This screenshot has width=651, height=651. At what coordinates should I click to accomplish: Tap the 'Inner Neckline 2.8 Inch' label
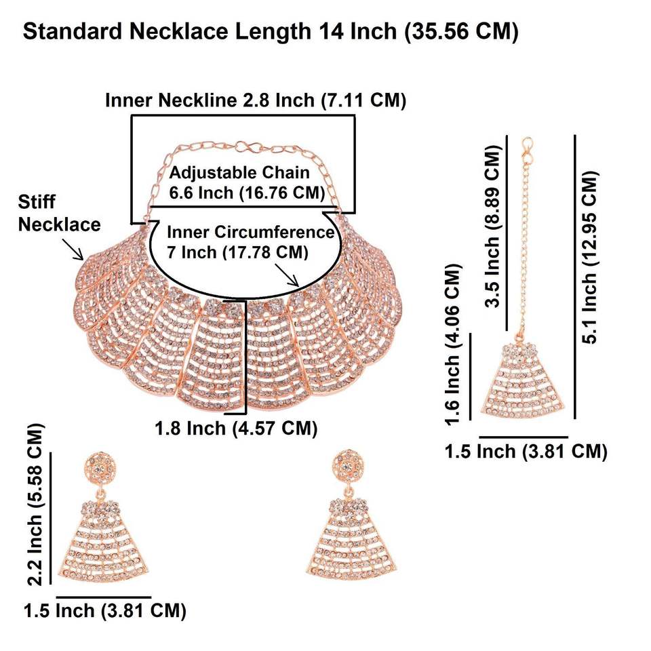coord(256,100)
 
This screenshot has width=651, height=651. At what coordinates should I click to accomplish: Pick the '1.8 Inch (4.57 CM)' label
coord(237,429)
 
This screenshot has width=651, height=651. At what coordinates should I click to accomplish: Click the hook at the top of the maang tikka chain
coord(528,144)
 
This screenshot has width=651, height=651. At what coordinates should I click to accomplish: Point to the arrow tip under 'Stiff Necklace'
coord(83,258)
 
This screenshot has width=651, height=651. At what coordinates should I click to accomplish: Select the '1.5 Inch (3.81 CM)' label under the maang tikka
coord(526,451)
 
